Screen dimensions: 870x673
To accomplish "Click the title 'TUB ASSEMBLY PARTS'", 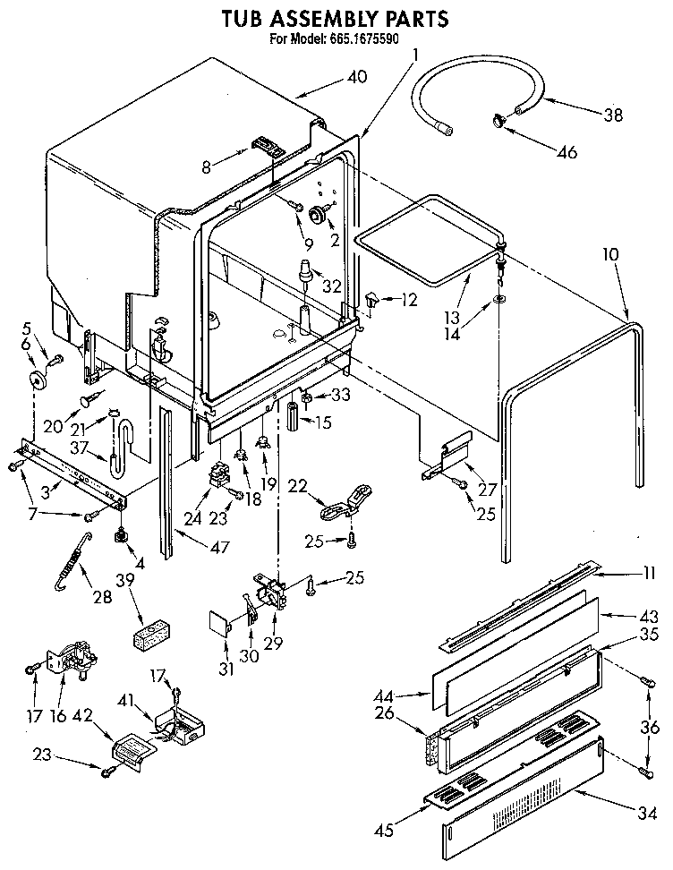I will coord(335,17).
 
